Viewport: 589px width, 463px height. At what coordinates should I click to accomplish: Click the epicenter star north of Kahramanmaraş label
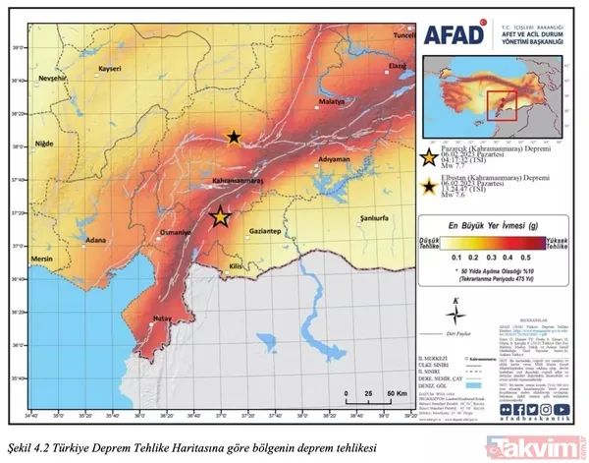[234, 139]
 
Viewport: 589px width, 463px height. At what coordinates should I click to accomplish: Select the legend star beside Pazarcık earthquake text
[428, 157]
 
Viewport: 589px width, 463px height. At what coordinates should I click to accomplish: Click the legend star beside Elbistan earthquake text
[428, 187]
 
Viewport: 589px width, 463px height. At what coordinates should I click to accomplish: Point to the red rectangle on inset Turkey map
[502, 103]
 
